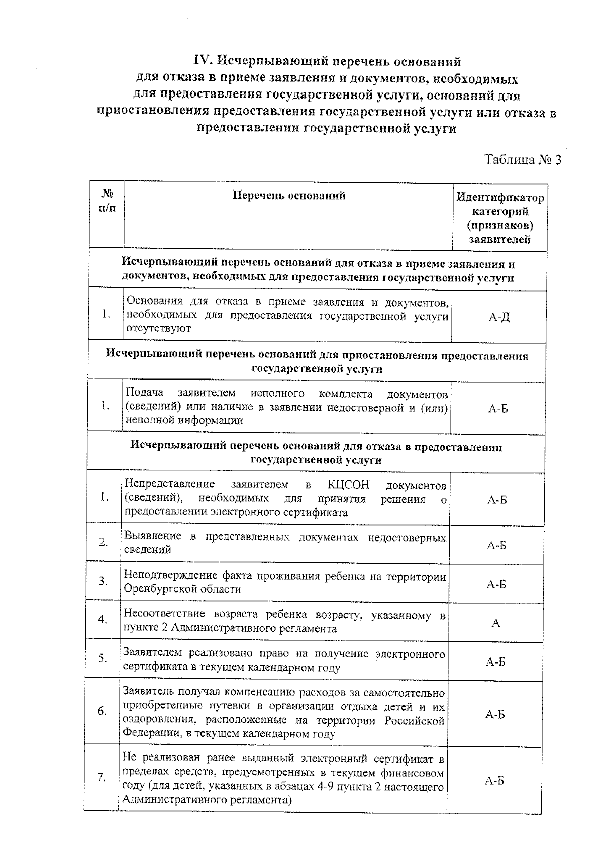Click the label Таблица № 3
pos(522,160)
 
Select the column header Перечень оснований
pos(289,196)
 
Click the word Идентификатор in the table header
pos(499,198)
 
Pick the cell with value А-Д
pos(498,317)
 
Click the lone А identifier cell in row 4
pos(495,623)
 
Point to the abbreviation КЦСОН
pos(348,485)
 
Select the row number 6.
pos(102,711)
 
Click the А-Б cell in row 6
pos(495,714)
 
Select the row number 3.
pos(103,581)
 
